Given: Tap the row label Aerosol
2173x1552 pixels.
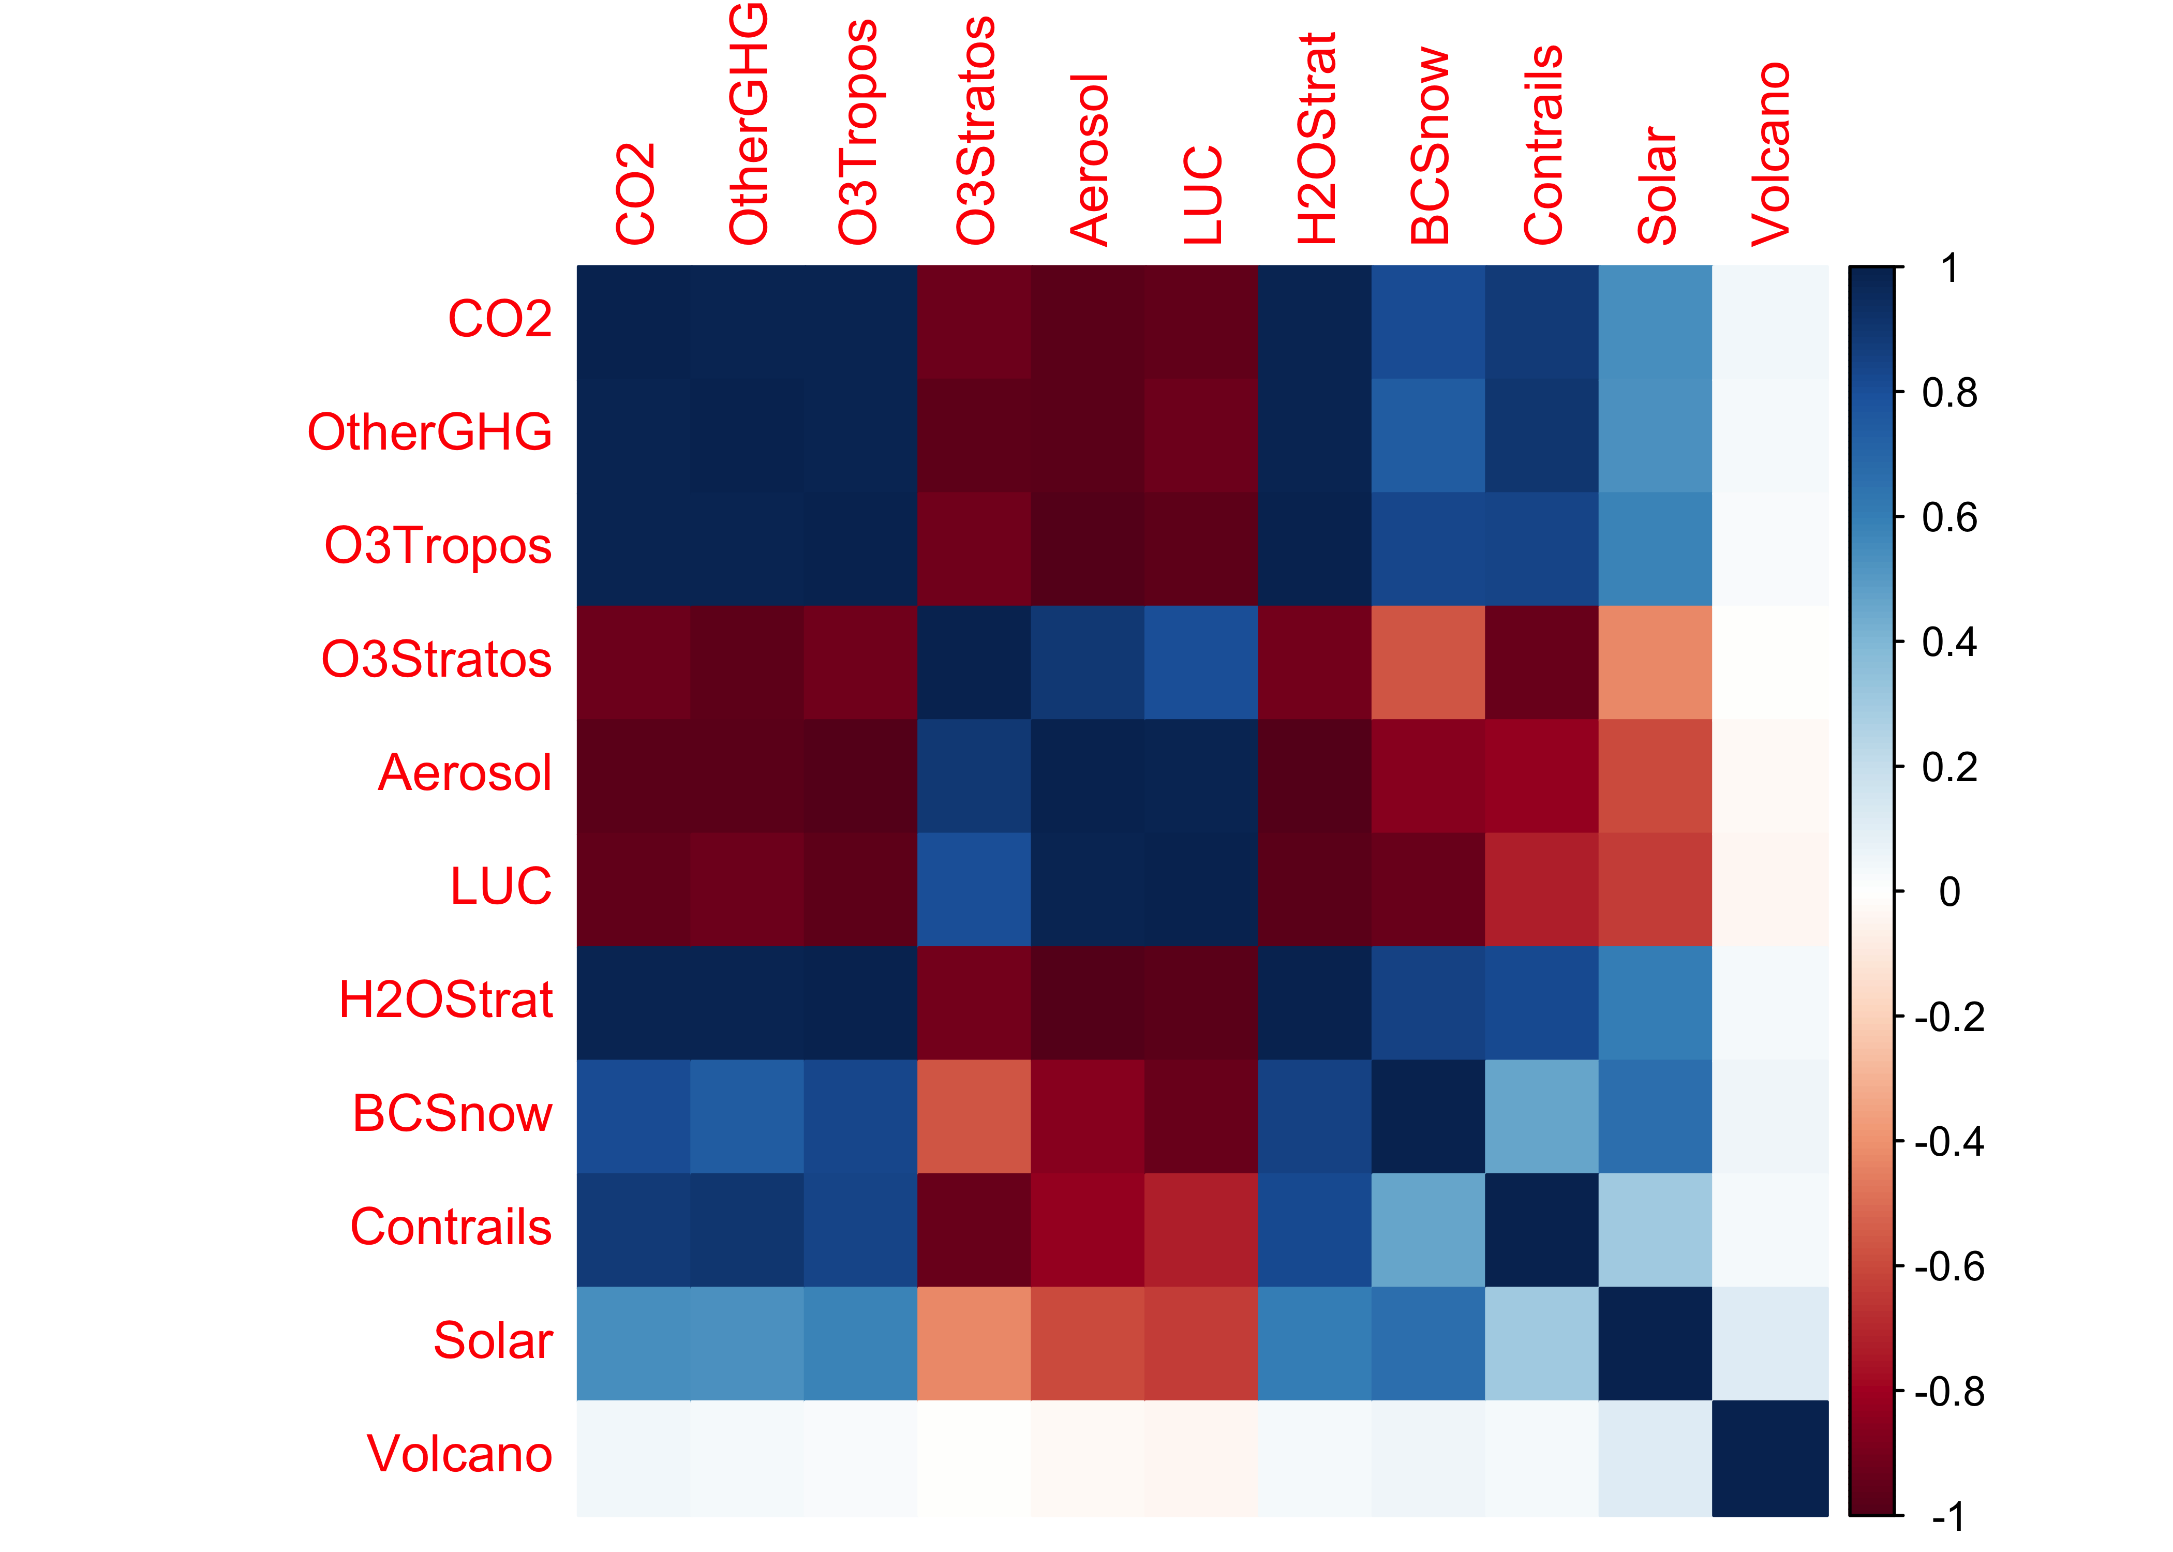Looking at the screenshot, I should click(465, 772).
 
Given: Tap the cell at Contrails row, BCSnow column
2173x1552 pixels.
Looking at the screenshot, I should click(1427, 1230).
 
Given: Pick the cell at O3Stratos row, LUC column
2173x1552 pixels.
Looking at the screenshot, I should click(1201, 662).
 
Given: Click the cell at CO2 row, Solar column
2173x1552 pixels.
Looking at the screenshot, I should click(1655, 321).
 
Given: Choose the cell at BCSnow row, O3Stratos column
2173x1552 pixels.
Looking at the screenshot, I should click(974, 1116).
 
